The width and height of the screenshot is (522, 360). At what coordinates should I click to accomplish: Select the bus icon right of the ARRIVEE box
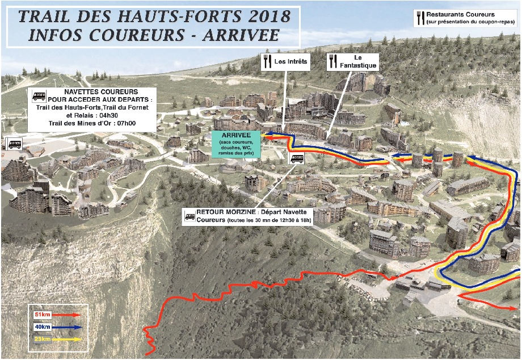tap(297, 158)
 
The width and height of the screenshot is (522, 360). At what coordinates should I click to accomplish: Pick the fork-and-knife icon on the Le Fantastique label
tap(334, 61)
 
